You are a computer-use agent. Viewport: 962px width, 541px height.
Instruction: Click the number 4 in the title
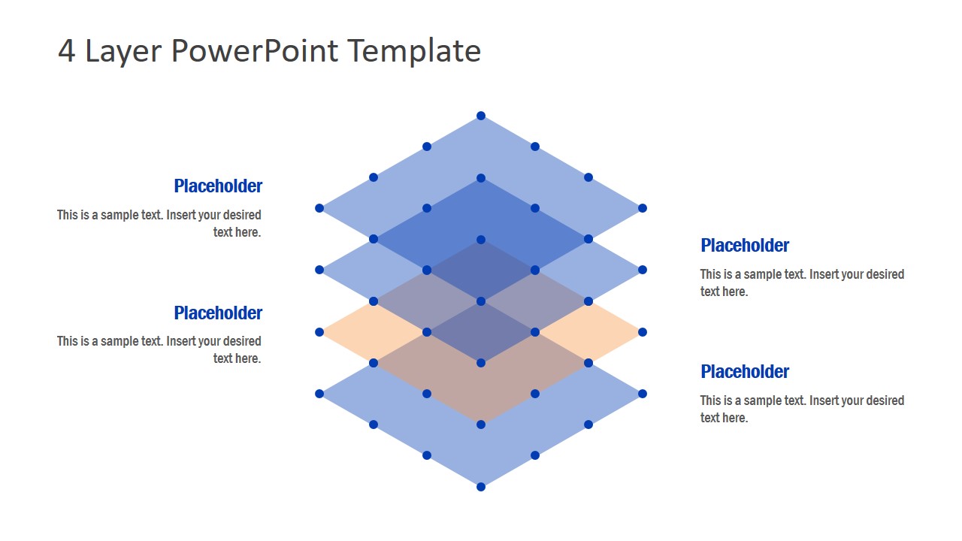(67, 50)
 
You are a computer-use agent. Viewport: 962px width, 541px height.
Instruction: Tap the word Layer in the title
(123, 53)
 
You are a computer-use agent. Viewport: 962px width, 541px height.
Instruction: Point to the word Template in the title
(414, 52)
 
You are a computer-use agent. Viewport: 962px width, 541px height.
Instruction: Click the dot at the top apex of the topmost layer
(481, 116)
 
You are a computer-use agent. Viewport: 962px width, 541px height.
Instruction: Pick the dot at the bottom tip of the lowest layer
(481, 487)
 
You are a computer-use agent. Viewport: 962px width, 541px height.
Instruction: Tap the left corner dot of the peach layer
(319, 332)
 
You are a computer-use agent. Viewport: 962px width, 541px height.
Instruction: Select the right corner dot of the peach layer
(643, 332)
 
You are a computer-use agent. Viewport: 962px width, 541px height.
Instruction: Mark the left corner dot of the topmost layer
(319, 208)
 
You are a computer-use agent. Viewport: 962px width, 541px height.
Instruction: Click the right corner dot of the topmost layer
(643, 208)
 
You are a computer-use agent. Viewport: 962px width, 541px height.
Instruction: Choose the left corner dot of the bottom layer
(319, 394)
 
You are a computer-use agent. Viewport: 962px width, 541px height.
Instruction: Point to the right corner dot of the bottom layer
(643, 394)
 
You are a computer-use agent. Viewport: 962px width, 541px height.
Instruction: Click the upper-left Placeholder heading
(218, 186)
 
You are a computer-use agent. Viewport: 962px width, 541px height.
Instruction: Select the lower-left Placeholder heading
(218, 313)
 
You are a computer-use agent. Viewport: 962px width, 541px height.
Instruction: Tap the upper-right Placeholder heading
(745, 246)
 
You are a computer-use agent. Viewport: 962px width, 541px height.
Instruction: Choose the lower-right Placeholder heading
(745, 372)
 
